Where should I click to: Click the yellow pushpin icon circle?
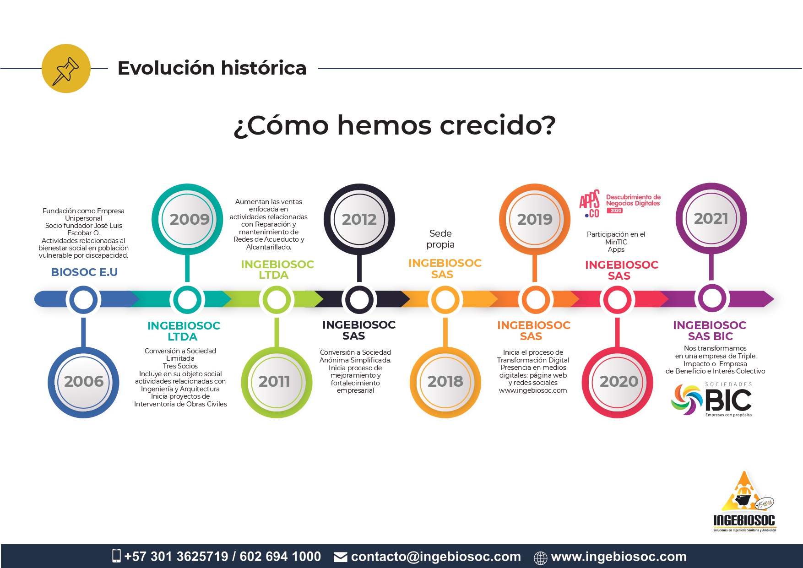pos(66,69)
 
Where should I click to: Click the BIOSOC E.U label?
pos(84,272)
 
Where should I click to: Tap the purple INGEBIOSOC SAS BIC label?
pos(710,330)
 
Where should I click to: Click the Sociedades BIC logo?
pos(711,400)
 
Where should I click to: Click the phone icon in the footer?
pos(116,556)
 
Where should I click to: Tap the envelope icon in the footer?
pos(340,557)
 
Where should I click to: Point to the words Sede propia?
pos(440,239)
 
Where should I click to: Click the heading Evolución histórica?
pos(212,68)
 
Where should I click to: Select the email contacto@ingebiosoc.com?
pos(436,557)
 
